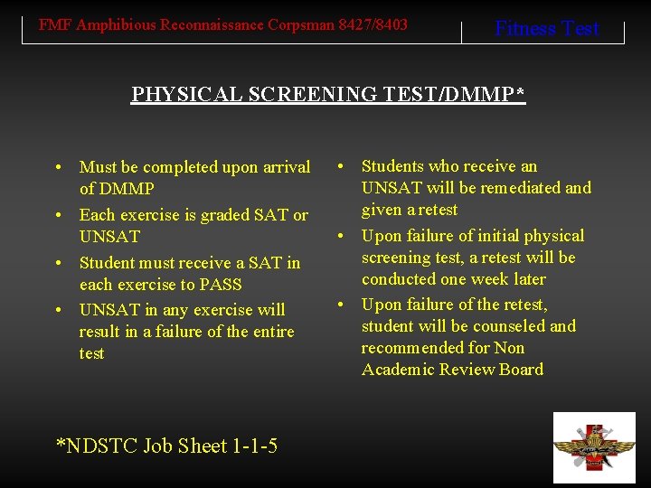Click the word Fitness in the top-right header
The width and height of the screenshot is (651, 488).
pyautogui.click(x=525, y=29)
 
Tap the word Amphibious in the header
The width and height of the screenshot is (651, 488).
pyautogui.click(x=116, y=24)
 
